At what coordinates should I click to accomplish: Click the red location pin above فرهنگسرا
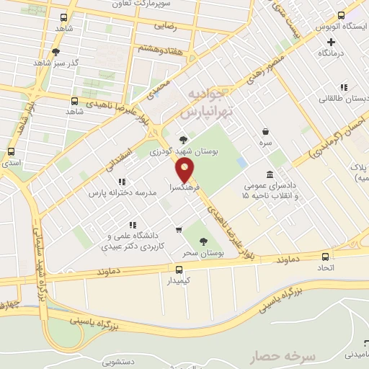point(186,171)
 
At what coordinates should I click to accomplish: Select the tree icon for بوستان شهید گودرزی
point(183,140)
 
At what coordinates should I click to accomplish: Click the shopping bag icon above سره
point(267,131)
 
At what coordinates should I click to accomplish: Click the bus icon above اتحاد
point(325,257)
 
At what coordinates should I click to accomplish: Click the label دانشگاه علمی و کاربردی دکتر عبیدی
point(138,241)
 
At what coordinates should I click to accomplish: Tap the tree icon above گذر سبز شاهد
point(57,52)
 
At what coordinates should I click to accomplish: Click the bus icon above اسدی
point(11,152)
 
